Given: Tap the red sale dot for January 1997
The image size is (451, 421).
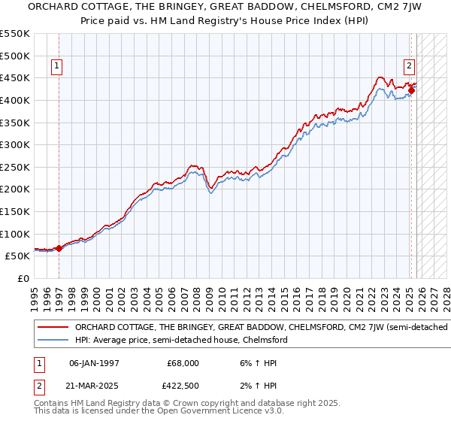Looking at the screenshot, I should (59, 247).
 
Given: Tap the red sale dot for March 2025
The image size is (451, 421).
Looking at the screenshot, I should (411, 90).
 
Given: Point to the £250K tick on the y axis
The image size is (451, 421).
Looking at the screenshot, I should (15, 167).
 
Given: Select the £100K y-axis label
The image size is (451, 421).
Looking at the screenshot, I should (15, 234).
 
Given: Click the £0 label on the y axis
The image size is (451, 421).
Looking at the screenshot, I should (24, 278).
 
